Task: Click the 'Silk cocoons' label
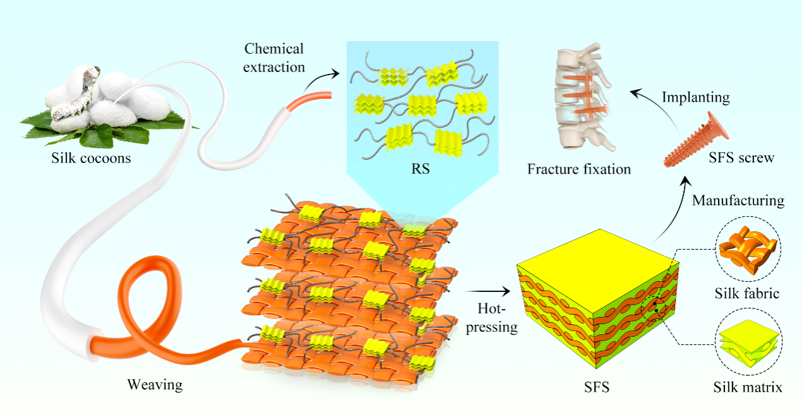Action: [92, 158]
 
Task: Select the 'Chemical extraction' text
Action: [274, 57]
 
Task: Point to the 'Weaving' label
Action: [155, 384]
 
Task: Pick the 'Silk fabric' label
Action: [748, 294]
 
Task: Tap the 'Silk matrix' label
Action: [748, 387]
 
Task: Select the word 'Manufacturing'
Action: [738, 201]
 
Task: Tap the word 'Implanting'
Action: [695, 98]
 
